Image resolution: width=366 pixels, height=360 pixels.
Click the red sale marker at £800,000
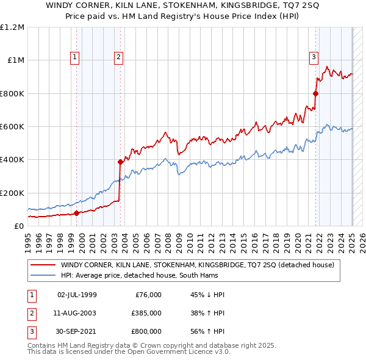[x=315, y=93]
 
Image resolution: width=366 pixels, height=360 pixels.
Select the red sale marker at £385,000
[x=120, y=162]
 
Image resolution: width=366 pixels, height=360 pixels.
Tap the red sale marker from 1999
[x=76, y=213]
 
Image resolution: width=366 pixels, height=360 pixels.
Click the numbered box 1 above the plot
[x=74, y=58]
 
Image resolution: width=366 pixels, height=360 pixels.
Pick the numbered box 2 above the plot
[x=118, y=58]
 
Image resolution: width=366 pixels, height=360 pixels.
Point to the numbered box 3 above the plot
[x=314, y=58]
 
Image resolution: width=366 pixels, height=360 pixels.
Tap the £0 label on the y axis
[x=18, y=226]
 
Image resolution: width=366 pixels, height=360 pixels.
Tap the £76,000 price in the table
[x=148, y=295]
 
